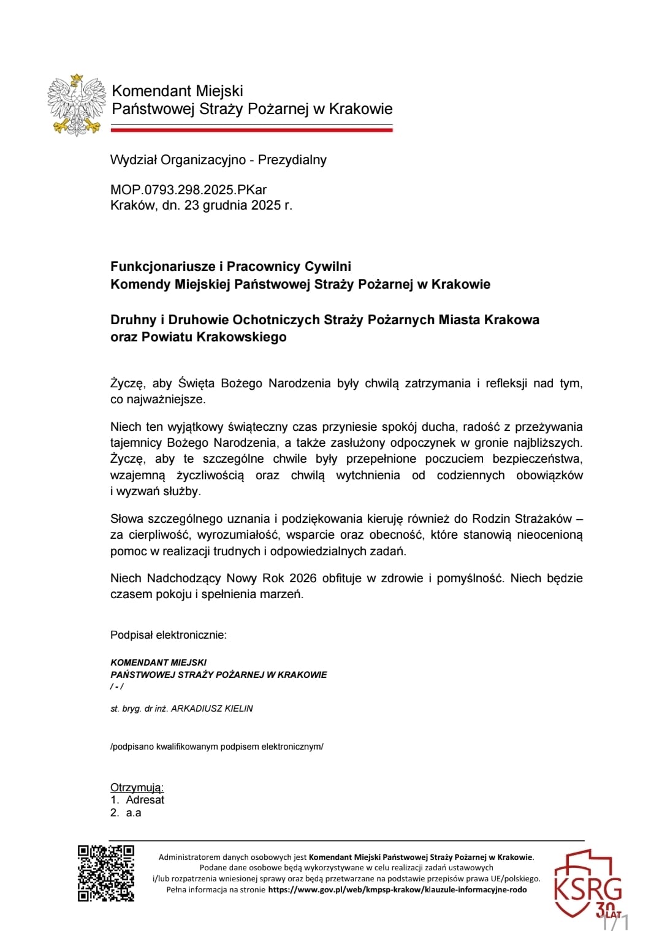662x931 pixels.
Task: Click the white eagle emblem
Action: coord(75,104)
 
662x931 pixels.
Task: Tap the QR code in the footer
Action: coord(105,873)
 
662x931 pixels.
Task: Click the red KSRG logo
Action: coord(587,883)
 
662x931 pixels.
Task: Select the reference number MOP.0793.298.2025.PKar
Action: coord(188,189)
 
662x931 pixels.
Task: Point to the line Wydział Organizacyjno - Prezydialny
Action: coord(218,160)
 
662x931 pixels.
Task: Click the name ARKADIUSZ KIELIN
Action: coord(211,709)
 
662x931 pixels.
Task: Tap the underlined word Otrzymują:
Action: coord(137,788)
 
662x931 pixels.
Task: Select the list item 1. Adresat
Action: coord(138,800)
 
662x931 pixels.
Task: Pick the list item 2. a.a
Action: coord(126,813)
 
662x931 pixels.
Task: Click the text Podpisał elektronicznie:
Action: coord(168,635)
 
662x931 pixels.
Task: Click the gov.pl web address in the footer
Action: coord(397,889)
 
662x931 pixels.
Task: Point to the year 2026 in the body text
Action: coord(303,578)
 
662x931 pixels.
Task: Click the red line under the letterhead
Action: coord(251,129)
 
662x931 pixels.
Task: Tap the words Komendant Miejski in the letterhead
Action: coord(177,91)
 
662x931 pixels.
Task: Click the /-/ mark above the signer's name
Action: coord(116,686)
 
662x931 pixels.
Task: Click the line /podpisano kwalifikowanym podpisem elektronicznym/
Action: coord(216,747)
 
